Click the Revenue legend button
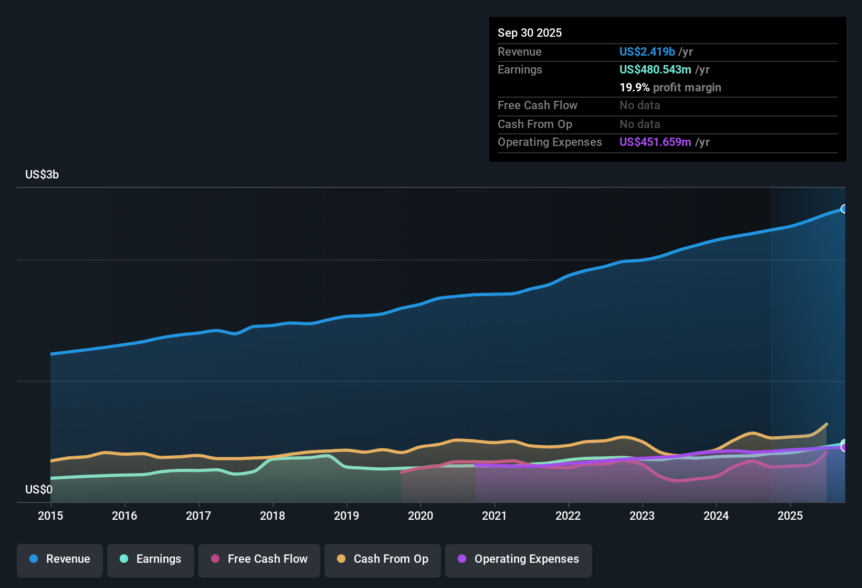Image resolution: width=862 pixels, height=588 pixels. [x=60, y=559]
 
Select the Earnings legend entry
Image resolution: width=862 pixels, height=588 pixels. [x=151, y=559]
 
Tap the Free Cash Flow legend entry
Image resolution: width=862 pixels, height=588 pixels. [x=259, y=559]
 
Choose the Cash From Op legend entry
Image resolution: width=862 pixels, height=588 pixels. [x=383, y=559]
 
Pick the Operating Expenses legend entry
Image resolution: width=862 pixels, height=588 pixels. [x=519, y=559]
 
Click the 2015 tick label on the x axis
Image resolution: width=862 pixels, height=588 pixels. [x=50, y=516]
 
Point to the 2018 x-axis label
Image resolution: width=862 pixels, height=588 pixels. [x=272, y=516]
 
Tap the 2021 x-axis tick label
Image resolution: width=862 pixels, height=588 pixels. [x=494, y=516]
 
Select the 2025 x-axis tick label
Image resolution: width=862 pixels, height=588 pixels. [x=790, y=516]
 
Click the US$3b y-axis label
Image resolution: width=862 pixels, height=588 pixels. [x=42, y=175]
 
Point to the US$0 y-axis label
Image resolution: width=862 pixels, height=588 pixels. [x=39, y=490]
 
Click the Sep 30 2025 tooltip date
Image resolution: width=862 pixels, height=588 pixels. [x=530, y=33]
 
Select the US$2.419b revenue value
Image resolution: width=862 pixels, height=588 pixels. [x=647, y=51]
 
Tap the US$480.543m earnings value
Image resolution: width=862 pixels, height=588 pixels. [x=655, y=69]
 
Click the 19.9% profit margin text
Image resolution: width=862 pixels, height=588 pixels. [x=670, y=88]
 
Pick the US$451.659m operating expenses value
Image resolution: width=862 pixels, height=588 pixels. [x=655, y=142]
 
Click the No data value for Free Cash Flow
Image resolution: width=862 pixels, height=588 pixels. [x=639, y=106]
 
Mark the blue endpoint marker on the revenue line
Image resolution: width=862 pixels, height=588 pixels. [x=844, y=209]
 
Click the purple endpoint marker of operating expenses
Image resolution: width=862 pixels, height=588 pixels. [x=844, y=447]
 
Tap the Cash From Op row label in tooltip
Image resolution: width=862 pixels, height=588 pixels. [x=534, y=124]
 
